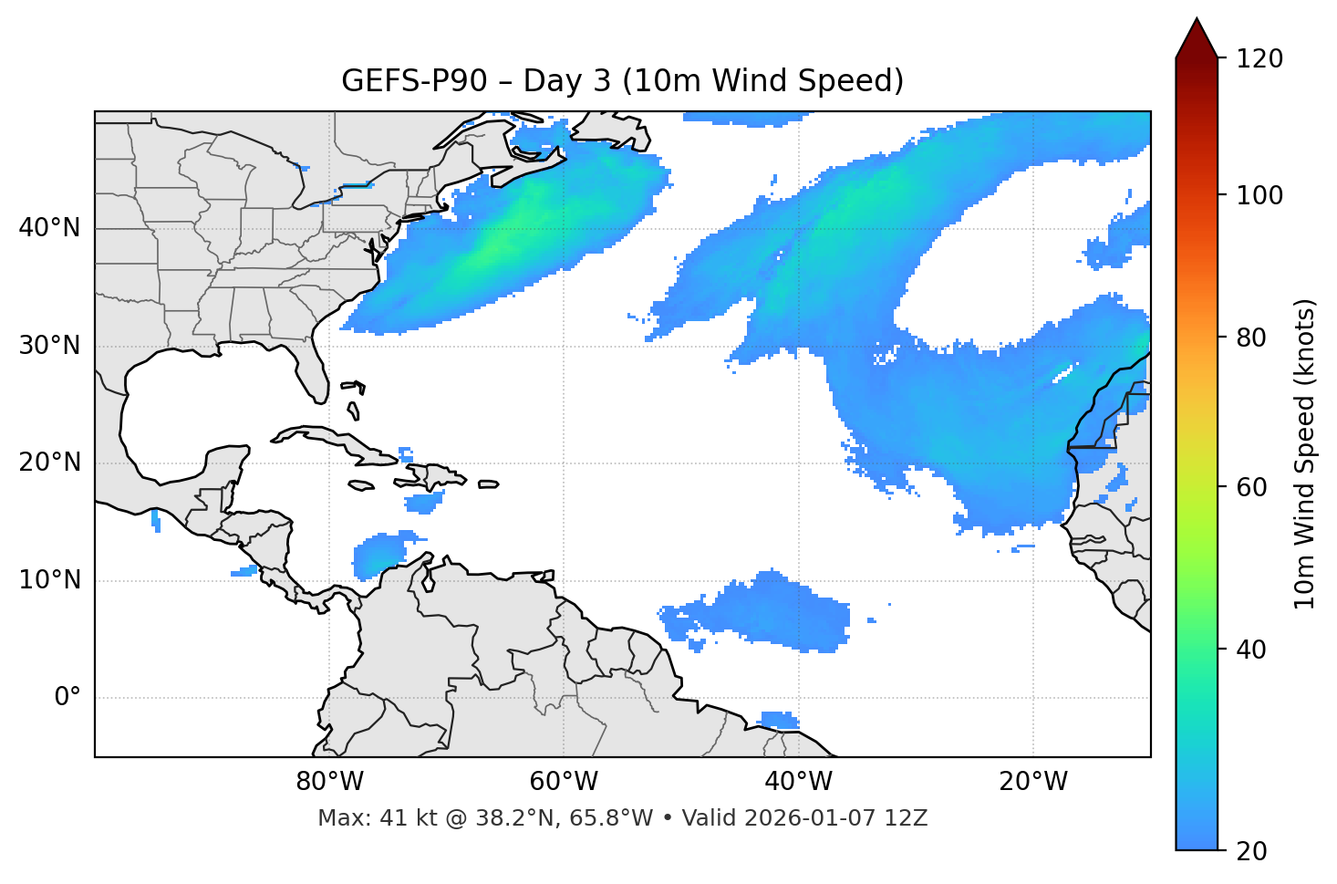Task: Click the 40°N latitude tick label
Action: point(49,228)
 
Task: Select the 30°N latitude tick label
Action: point(49,346)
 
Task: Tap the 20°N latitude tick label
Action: point(49,463)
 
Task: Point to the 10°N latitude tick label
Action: point(49,580)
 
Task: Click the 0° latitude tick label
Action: point(67,698)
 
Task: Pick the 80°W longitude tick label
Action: point(329,782)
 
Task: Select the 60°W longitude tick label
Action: point(564,782)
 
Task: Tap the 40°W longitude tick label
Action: point(799,782)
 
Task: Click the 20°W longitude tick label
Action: point(1033,782)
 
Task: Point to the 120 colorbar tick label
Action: point(1259,59)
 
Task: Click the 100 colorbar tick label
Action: point(1259,195)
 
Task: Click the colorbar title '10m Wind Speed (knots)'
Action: point(1305,453)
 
